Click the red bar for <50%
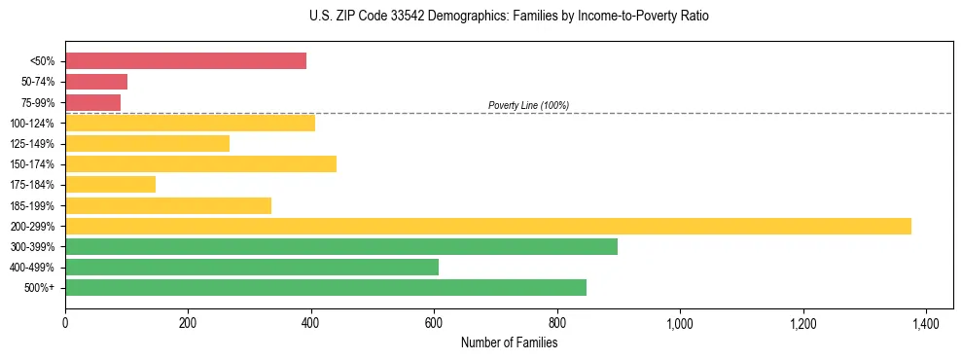(186, 61)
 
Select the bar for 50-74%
(96, 82)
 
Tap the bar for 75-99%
(92, 102)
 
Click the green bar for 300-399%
(341, 246)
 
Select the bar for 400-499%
(252, 267)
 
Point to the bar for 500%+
(326, 287)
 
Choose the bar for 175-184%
(110, 184)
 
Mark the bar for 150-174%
(200, 163)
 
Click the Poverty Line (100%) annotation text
(528, 105)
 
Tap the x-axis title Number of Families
(509, 342)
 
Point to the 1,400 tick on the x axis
(925, 321)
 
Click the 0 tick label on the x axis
(65, 321)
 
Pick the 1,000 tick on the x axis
(679, 321)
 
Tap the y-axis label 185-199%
(34, 205)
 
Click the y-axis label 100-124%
(34, 123)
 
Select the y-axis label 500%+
(40, 288)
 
